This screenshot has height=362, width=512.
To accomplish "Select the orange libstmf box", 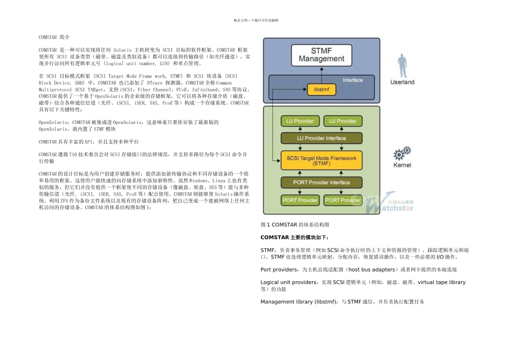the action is pyautogui.click(x=322, y=90).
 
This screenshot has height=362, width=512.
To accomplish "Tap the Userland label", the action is pyautogui.click(x=402, y=82).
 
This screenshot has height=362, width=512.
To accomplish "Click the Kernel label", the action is pyautogui.click(x=402, y=165).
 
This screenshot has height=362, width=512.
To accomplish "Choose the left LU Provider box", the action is pyautogui.click(x=300, y=121).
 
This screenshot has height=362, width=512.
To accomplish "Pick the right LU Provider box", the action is pyautogui.click(x=343, y=121).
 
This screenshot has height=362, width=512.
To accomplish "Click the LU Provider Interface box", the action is pyautogui.click(x=322, y=138).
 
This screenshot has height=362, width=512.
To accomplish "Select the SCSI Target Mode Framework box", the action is pyautogui.click(x=322, y=161).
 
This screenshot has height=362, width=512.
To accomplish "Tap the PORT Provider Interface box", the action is pyautogui.click(x=322, y=183).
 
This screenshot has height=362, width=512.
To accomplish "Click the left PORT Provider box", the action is pyautogui.click(x=300, y=200).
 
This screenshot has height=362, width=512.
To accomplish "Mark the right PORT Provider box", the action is pyautogui.click(x=343, y=200).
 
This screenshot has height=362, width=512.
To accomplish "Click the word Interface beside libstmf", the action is pyautogui.click(x=353, y=80).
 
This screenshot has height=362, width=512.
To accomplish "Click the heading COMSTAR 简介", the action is pyautogui.click(x=54, y=37).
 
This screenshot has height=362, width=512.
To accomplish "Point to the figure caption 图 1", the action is pyautogui.click(x=294, y=224).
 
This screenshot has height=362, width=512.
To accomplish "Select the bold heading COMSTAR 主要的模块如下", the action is pyautogui.click(x=294, y=237).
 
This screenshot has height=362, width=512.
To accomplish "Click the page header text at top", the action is pyautogui.click(x=256, y=20).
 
